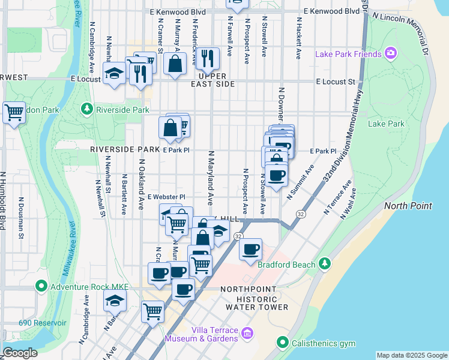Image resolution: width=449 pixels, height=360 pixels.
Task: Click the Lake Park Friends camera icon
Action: click(x=391, y=55)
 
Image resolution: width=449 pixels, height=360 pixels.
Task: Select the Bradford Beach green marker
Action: click(x=325, y=264)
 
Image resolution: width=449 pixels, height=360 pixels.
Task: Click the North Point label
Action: click(x=408, y=206)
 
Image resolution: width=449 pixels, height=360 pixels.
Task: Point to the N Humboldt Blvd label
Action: click(x=4, y=201)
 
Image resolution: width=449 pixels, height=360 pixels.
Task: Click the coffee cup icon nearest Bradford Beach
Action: click(x=251, y=248)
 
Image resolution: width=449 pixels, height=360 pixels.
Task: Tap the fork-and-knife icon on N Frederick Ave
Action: click(x=207, y=58)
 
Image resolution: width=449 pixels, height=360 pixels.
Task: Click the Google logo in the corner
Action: click(x=20, y=353)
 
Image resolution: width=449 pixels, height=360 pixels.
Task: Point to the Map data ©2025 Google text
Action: click(x=411, y=355)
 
